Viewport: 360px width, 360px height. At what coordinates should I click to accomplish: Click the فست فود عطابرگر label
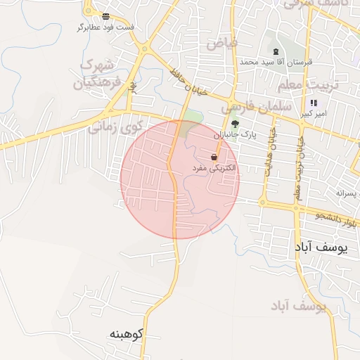pos(106,27)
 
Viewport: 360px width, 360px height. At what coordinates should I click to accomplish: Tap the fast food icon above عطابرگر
pos(105,15)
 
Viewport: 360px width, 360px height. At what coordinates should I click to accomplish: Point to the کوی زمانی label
pos(114,127)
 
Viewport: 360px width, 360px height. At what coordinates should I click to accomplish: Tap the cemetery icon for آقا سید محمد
pos(276,52)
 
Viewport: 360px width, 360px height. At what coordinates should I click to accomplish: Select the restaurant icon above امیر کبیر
pos(313,103)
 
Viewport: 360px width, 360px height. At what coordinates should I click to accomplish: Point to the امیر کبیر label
pos(313,113)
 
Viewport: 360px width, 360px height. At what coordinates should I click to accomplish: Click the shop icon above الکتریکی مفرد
pos(214,157)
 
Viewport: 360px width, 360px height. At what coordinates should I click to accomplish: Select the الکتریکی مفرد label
pos(214,169)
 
